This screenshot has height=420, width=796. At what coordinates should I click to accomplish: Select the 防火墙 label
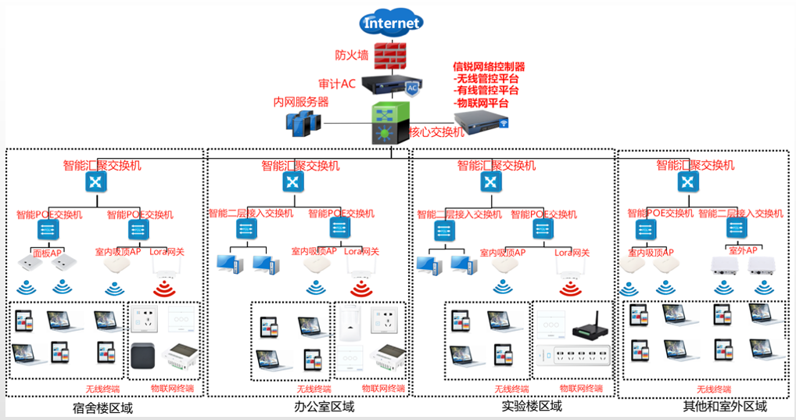click(352, 56)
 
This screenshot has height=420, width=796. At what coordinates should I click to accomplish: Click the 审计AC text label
click(337, 83)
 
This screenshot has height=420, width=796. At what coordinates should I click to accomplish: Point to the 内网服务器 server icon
click(301, 124)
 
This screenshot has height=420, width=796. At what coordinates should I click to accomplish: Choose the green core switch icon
click(389, 123)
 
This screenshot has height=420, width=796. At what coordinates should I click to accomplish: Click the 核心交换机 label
click(436, 133)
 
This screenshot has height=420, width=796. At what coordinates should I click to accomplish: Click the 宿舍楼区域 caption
click(103, 407)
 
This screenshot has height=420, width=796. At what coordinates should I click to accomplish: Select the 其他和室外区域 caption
click(724, 407)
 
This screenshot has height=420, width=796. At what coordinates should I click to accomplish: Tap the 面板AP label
click(48, 253)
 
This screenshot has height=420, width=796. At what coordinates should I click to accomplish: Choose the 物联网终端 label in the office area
click(383, 388)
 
